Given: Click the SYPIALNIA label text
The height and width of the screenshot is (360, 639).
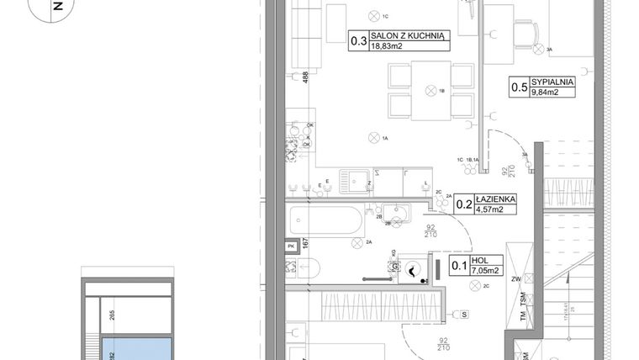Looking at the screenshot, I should pos(552,82).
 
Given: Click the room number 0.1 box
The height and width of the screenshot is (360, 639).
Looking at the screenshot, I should pos(460,267).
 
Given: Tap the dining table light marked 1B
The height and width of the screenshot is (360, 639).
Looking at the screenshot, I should pos(431,89).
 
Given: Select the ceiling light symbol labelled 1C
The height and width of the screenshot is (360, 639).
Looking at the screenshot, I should pos(373,16).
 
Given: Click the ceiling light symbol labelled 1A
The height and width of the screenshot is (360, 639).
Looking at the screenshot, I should pos(373,138).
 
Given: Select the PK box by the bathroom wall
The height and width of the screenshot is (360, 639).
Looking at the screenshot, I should pos(291,246).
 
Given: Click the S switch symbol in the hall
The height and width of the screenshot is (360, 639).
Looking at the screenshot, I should pos(465,315).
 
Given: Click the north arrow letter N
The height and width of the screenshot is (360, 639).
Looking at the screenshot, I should pos(56,5).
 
